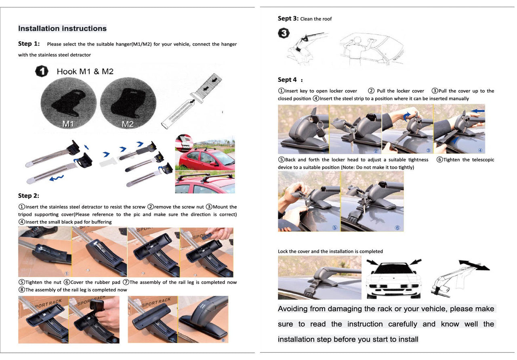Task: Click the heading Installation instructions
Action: (x=62, y=29)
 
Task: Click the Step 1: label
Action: (x=29, y=44)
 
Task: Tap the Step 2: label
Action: (x=28, y=196)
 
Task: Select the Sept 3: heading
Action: (x=288, y=19)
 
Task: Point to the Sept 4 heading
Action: (x=288, y=80)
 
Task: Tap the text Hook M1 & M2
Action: (x=85, y=71)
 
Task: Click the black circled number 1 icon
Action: (x=42, y=71)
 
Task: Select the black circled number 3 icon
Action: (x=284, y=33)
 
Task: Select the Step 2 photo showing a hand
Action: (x=207, y=252)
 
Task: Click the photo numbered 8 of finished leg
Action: (x=203, y=320)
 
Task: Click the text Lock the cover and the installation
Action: (x=330, y=251)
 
